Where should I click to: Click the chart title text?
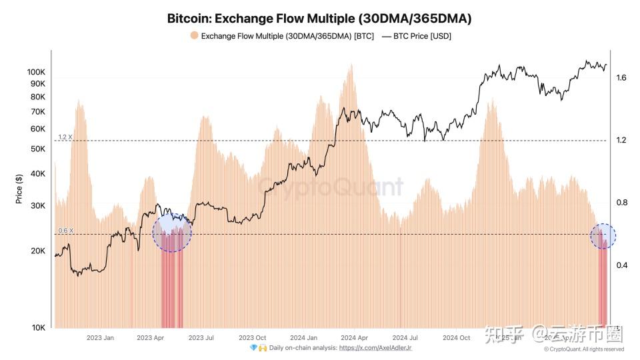tap(319, 18)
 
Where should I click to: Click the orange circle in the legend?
tap(194, 36)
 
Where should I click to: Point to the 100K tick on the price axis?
tap(36, 72)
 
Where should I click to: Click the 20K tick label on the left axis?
tap(37, 251)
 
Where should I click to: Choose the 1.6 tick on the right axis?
tap(621, 78)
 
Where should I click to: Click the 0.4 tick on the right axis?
tap(621, 265)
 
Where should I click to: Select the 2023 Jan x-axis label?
tap(100, 337)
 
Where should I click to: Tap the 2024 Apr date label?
tap(354, 337)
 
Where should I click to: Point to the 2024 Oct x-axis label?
tap(456, 337)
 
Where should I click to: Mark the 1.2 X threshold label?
tap(65, 137)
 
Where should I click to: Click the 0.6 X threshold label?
tap(65, 231)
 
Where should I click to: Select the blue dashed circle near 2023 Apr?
tap(172, 232)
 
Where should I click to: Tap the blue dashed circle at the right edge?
tap(603, 236)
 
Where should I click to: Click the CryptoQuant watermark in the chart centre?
tap(331, 187)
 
